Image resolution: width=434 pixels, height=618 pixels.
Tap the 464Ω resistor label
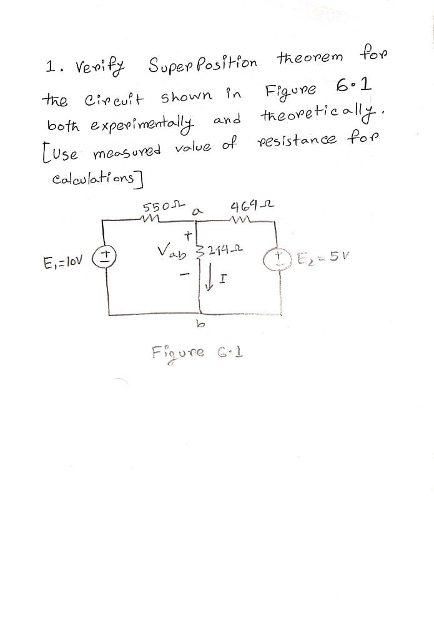(x=245, y=207)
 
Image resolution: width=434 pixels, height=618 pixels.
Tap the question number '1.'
(x=52, y=66)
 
